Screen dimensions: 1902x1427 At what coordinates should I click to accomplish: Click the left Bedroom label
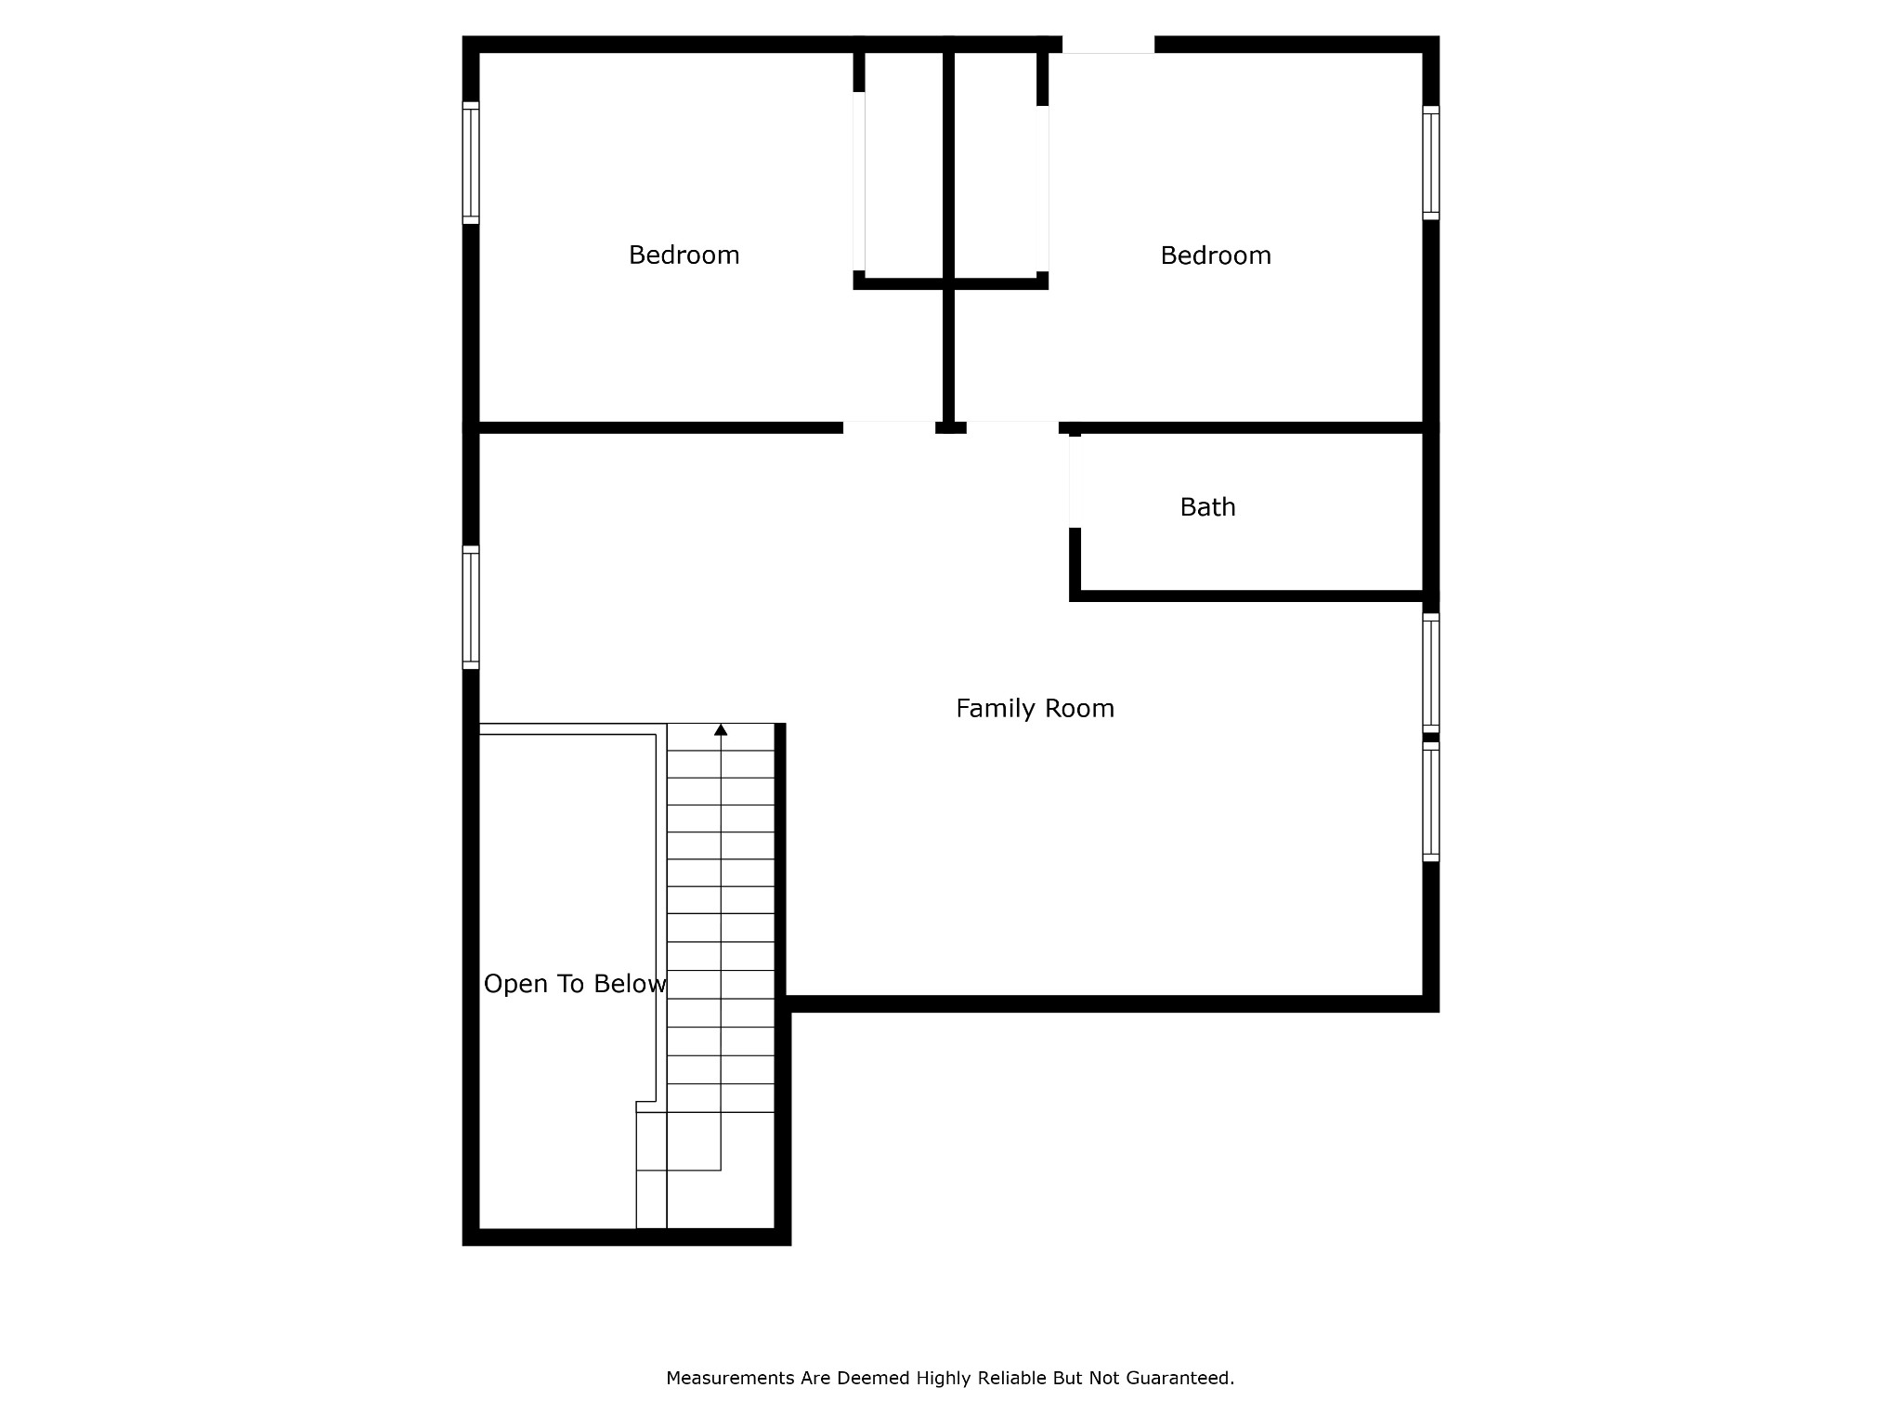[x=684, y=255]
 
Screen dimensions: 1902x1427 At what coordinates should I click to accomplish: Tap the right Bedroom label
[x=1216, y=255]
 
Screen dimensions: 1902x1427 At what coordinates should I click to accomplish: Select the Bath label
[x=1207, y=507]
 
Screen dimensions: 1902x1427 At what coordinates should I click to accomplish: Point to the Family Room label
[x=1035, y=709]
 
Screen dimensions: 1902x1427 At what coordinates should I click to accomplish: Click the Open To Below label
[x=575, y=984]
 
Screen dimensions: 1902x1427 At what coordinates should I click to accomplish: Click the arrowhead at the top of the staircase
[x=721, y=730]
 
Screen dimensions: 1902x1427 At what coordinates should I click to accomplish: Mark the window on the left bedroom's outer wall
[x=471, y=163]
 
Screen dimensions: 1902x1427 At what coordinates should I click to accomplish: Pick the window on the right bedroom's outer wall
[x=1431, y=163]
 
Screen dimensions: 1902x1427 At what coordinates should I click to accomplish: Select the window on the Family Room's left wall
[x=471, y=608]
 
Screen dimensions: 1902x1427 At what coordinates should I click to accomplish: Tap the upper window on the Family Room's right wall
[x=1431, y=673]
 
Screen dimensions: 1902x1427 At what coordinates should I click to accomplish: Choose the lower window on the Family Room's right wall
[x=1431, y=802]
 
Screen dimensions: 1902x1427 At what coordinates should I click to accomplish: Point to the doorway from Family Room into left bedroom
[x=889, y=427]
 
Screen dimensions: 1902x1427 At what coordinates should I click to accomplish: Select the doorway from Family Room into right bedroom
[x=1012, y=427]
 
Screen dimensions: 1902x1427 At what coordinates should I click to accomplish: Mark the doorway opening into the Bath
[x=1075, y=482]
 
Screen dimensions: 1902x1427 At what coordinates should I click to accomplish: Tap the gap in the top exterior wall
[x=1108, y=45]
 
